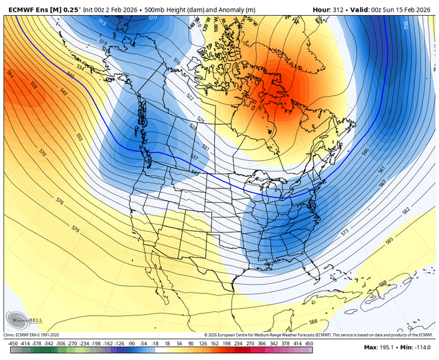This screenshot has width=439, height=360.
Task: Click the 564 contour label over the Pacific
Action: [11, 73]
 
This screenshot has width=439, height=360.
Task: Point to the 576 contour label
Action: [60, 202]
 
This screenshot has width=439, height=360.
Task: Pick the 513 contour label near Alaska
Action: [103, 22]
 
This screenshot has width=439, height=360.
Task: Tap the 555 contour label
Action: [80, 136]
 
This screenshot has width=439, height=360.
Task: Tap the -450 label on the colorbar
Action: [12, 341]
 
